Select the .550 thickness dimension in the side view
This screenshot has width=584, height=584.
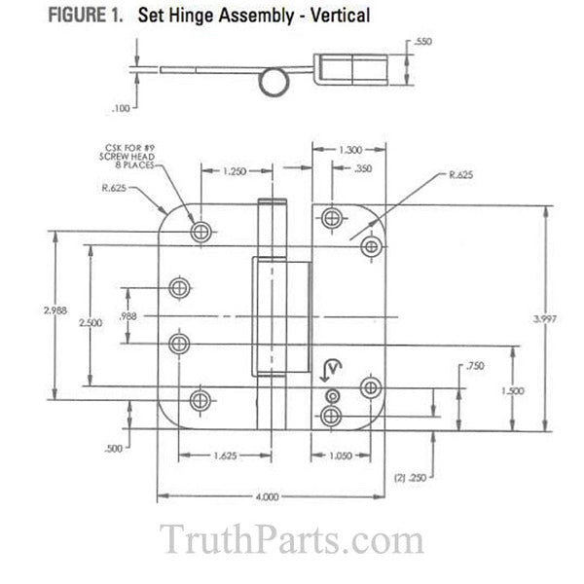point(422,43)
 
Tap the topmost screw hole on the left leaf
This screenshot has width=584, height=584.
point(201,231)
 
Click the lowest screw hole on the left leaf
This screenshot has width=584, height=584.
point(201,399)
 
